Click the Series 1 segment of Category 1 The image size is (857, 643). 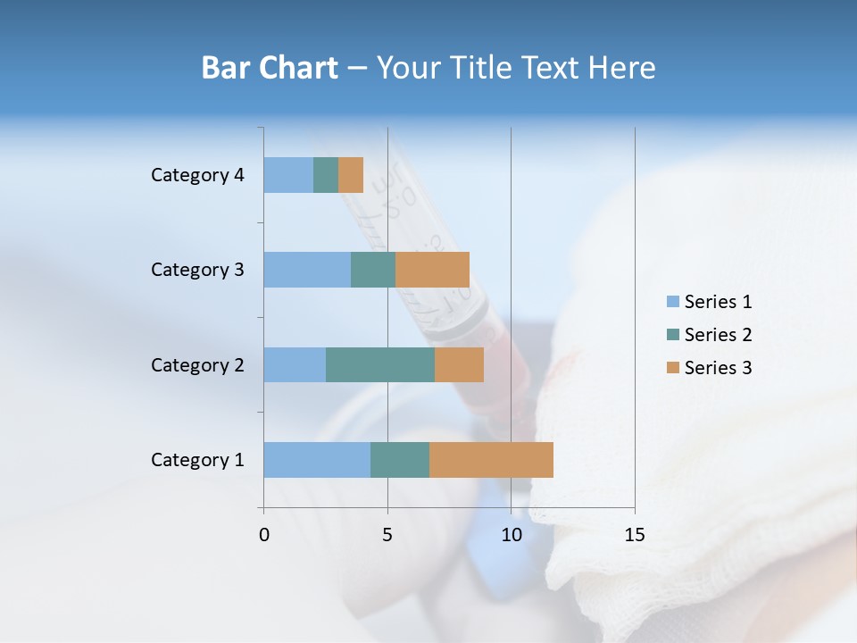click(317, 460)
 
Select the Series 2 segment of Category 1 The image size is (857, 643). click(400, 460)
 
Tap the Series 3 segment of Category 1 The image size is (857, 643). click(491, 460)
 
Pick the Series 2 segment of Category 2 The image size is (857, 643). click(380, 364)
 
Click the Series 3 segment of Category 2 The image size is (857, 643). click(459, 364)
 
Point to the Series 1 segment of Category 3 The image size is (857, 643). click(307, 270)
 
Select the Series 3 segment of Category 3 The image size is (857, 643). click(432, 270)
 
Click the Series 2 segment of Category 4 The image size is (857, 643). click(326, 175)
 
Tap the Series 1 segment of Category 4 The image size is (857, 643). click(288, 175)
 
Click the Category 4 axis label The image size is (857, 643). click(197, 175)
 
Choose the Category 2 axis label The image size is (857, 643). click(197, 364)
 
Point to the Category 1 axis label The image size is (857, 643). click(197, 460)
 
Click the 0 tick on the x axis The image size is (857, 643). click(264, 535)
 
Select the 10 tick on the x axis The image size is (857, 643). click(511, 535)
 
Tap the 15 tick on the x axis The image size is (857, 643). click(635, 535)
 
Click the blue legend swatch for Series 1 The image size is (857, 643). click(672, 302)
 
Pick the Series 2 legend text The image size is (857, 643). click(718, 335)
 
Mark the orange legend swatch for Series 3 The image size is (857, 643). click(672, 368)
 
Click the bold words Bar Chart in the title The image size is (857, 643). click(270, 68)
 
